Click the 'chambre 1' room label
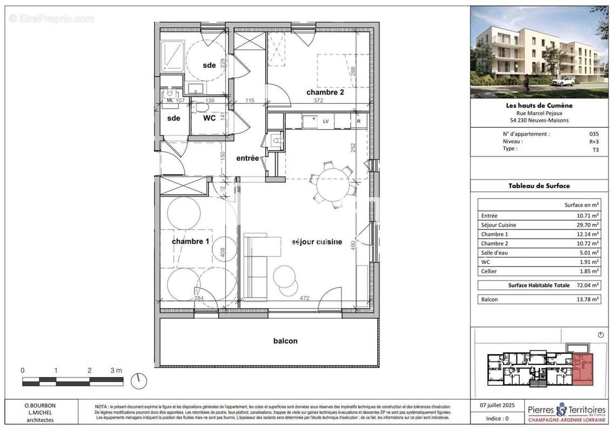pos(190,241)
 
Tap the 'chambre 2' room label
pos(325,92)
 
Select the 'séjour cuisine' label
pos(317,242)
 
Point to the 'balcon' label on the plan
pos(285,341)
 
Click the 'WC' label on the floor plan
pos(210,118)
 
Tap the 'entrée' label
pos(248,159)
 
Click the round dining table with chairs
pos(333,185)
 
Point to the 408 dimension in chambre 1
pos(222,253)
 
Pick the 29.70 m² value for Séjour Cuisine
pos(587,225)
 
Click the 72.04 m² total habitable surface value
pos(587,285)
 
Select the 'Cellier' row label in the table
pos(489,271)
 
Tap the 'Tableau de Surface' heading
pos(539,186)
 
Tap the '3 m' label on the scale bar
pos(116,370)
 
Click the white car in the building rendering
pos(563,82)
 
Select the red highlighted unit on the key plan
pos(583,369)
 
